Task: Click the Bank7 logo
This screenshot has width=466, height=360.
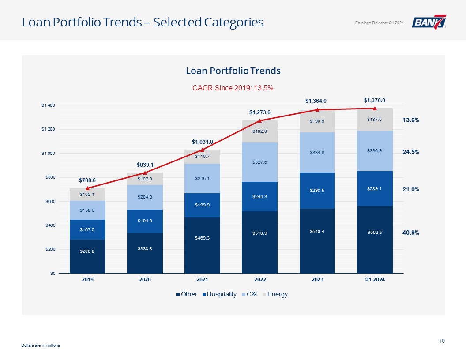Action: pyautogui.click(x=429, y=22)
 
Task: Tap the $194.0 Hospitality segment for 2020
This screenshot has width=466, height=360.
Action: pyautogui.click(x=145, y=221)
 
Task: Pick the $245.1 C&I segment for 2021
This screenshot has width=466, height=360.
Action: pyautogui.click(x=202, y=178)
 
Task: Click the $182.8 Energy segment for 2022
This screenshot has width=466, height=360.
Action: pyautogui.click(x=259, y=131)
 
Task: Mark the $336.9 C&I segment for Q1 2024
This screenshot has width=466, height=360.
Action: pyautogui.click(x=374, y=150)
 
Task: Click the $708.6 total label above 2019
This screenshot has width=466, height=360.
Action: pyautogui.click(x=87, y=180)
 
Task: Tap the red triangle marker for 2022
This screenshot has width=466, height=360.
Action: pyautogui.click(x=260, y=120)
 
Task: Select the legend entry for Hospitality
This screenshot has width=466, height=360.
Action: pyautogui.click(x=219, y=294)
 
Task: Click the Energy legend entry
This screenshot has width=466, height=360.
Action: pyautogui.click(x=275, y=294)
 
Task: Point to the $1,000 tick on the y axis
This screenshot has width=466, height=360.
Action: pyautogui.click(x=48, y=153)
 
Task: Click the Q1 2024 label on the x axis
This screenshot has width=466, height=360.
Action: pyautogui.click(x=374, y=280)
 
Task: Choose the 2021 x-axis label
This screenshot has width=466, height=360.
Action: pyautogui.click(x=202, y=280)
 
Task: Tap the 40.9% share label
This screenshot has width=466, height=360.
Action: pyautogui.click(x=411, y=232)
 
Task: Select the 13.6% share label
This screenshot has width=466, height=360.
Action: pyautogui.click(x=411, y=120)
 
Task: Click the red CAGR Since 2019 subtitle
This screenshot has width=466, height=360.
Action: pyautogui.click(x=233, y=88)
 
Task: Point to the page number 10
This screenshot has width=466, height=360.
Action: pyautogui.click(x=442, y=341)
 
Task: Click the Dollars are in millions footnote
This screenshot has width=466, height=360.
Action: pyautogui.click(x=41, y=345)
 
